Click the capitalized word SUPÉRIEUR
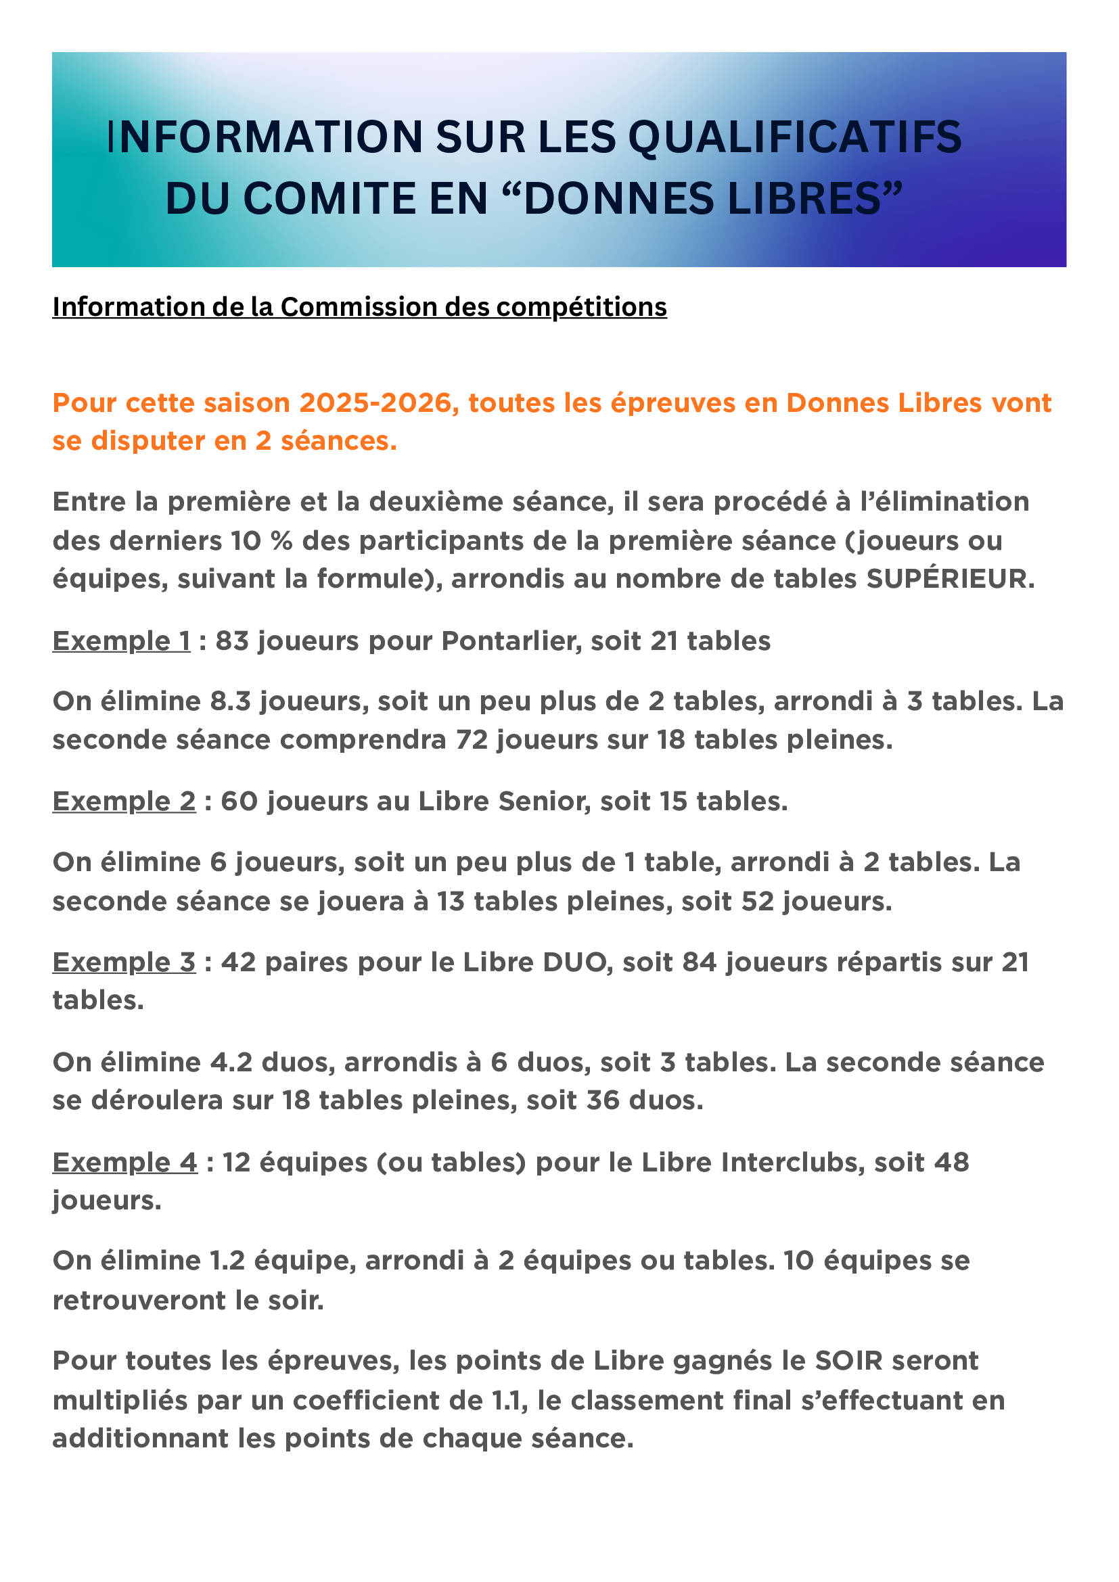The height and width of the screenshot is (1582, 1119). (x=950, y=579)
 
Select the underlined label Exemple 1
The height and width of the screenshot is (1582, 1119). (x=121, y=641)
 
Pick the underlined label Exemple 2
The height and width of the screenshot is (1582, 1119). (x=124, y=801)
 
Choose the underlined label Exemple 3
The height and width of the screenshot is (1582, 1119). (x=124, y=962)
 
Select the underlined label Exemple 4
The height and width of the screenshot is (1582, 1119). (x=124, y=1163)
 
